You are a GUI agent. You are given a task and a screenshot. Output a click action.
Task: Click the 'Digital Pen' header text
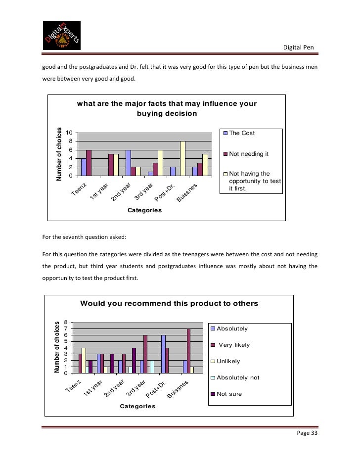point(298,47)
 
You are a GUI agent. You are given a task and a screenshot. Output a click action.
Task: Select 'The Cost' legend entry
point(242,133)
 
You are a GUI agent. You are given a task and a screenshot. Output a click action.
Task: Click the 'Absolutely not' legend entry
point(237,378)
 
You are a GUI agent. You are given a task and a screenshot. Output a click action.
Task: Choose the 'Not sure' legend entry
point(228,394)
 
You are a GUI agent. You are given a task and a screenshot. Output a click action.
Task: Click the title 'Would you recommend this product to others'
point(169,303)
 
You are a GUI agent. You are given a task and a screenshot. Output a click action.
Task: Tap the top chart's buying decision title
point(166,108)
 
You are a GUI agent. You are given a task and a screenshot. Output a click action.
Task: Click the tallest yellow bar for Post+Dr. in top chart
point(182,158)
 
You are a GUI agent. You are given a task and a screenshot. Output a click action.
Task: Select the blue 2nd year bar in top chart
point(128,163)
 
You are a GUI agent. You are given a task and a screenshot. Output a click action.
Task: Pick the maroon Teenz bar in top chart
point(89,163)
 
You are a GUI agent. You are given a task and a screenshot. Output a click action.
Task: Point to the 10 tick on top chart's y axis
point(70,133)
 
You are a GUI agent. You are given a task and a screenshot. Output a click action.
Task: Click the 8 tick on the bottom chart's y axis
point(72,322)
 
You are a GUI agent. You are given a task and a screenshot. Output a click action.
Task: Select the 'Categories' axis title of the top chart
point(144,210)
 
